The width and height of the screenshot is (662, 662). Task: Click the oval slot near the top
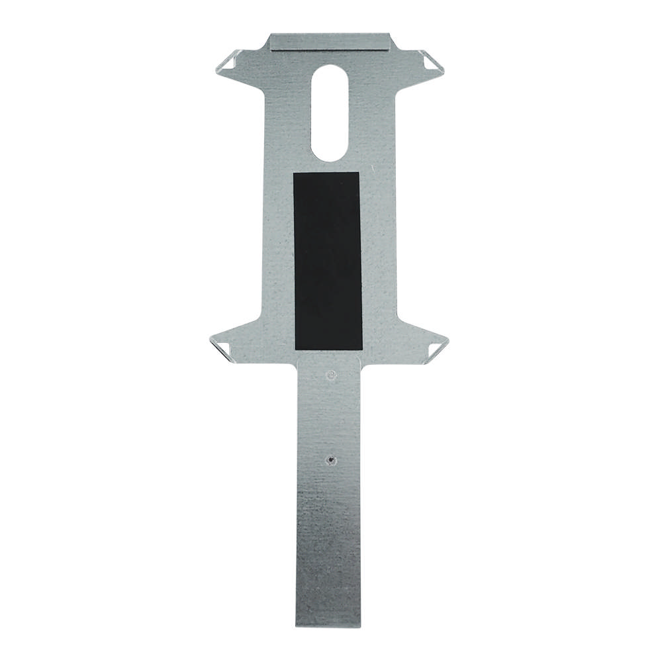click(330, 113)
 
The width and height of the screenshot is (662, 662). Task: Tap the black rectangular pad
click(328, 261)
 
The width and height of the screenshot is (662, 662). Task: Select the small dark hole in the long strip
click(330, 458)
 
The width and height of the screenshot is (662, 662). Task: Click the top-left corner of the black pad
click(294, 173)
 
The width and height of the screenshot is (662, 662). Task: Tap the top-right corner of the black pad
click(359, 173)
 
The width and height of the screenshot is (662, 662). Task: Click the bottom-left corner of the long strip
click(296, 625)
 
